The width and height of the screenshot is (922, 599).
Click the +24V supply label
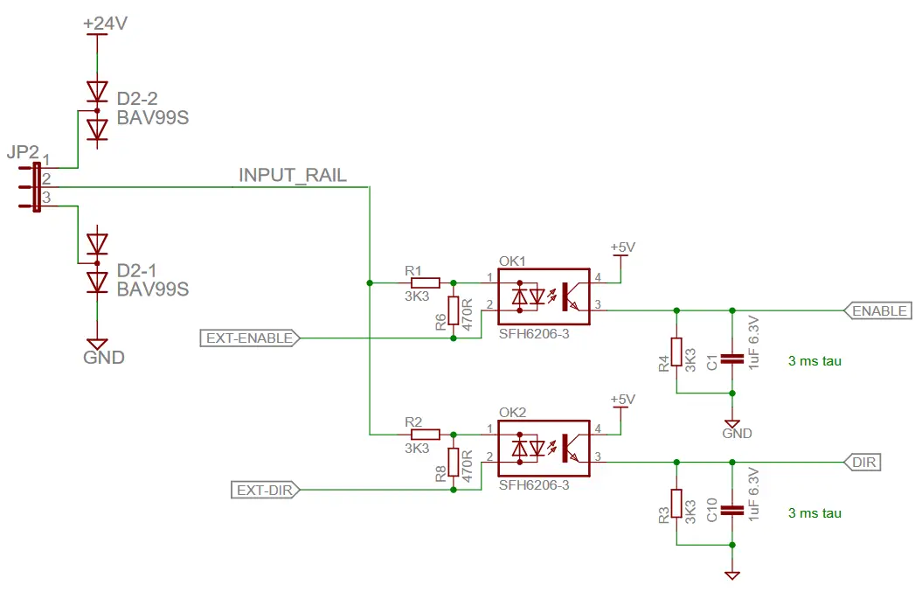(x=105, y=24)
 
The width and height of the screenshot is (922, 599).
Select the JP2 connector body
(x=37, y=186)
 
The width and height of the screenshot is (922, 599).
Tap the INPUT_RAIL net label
(x=293, y=175)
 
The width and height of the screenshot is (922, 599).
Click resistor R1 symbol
(x=426, y=282)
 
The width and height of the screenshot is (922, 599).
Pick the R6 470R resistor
(x=453, y=311)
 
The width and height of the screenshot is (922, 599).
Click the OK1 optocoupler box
(x=544, y=297)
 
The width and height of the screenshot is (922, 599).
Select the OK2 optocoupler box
(x=544, y=449)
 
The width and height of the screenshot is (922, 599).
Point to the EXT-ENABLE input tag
(x=251, y=338)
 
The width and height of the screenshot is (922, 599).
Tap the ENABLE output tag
(x=878, y=310)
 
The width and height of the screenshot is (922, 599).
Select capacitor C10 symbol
(x=732, y=509)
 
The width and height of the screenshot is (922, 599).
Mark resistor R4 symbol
(x=676, y=352)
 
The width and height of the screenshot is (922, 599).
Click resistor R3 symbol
(x=676, y=505)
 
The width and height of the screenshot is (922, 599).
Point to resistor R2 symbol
(x=426, y=434)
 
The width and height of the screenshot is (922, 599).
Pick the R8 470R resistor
(x=453, y=463)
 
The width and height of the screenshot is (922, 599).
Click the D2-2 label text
(x=137, y=99)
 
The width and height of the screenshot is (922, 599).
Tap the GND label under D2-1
(x=103, y=358)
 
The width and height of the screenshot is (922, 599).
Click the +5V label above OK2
(x=621, y=400)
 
